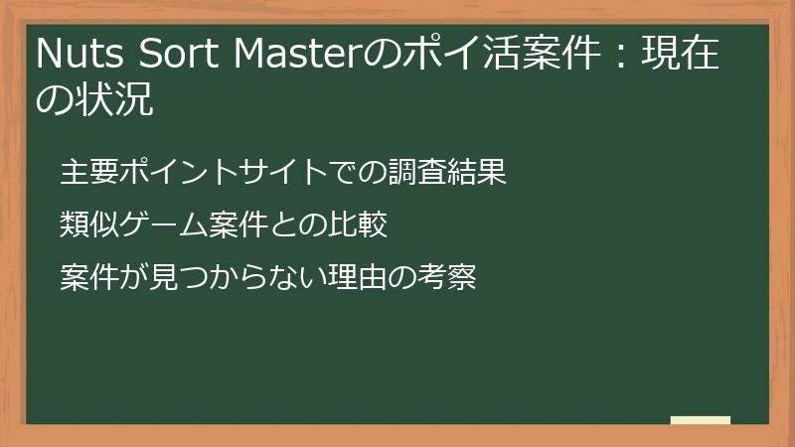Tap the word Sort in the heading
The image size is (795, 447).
tap(178, 56)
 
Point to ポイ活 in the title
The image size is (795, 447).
tap(436, 56)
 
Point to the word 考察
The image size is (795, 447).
tap(447, 277)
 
